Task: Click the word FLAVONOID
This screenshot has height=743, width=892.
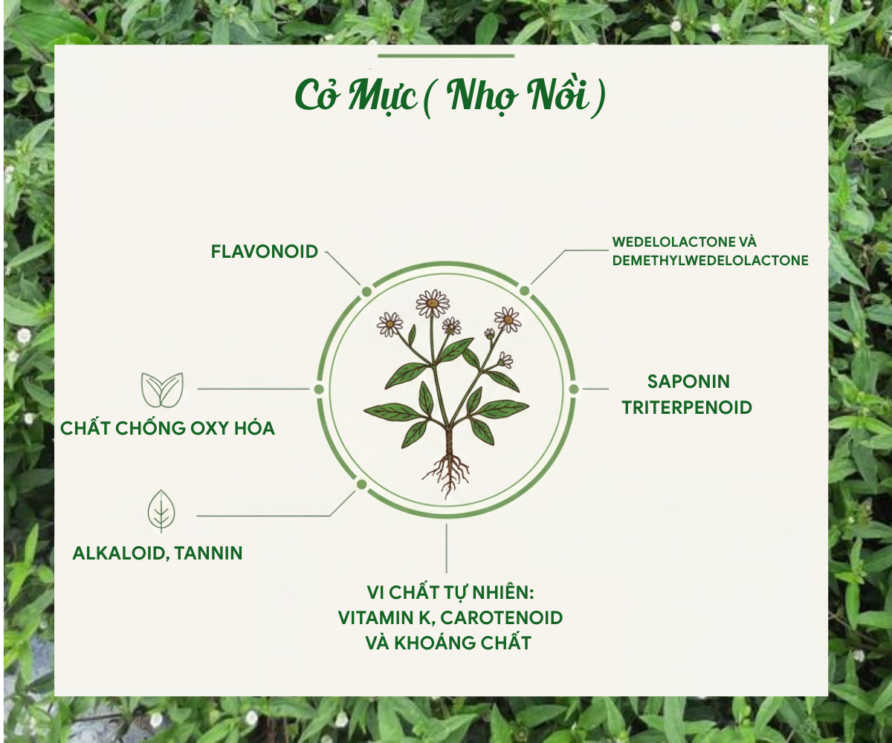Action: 265,252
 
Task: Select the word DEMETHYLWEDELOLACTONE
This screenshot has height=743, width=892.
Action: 710,261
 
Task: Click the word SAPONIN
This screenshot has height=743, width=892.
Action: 688,381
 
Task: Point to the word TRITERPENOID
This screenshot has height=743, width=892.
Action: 687,407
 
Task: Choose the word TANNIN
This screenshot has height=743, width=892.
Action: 208,553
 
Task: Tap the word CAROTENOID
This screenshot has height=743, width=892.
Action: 502,618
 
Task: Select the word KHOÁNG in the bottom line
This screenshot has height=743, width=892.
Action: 433,643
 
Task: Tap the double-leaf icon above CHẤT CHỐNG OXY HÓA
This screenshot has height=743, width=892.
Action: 162,389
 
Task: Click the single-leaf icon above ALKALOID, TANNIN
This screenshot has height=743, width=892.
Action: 161,511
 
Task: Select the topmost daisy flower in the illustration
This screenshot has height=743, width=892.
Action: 433,303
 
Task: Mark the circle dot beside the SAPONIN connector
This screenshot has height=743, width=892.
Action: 574,389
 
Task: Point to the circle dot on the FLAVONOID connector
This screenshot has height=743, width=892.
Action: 366,292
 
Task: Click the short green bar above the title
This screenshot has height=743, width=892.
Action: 446,56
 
